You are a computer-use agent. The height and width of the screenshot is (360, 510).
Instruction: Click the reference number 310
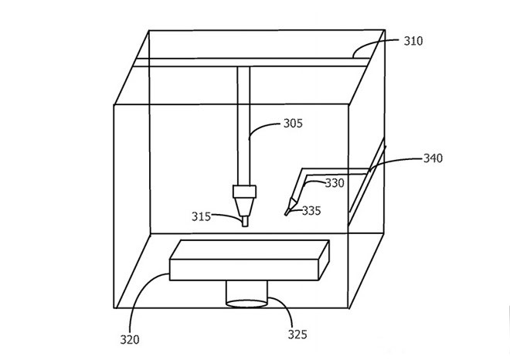click(x=413, y=41)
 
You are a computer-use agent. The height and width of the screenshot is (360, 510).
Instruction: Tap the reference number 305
click(x=293, y=124)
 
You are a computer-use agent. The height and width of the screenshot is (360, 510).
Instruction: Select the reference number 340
click(x=433, y=158)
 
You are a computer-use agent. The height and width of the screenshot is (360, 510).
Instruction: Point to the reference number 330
click(x=335, y=183)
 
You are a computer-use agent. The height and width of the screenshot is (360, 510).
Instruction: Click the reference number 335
click(x=311, y=211)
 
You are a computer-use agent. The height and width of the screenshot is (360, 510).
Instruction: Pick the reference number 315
click(x=201, y=216)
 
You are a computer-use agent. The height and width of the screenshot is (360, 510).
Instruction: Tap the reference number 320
click(x=130, y=340)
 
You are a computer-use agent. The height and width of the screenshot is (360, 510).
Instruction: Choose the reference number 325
click(x=297, y=335)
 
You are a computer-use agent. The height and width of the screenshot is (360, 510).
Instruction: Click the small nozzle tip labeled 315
click(x=245, y=222)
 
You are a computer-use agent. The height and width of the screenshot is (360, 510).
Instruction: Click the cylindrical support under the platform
click(x=246, y=294)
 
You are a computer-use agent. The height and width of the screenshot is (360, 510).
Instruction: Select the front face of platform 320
click(x=244, y=270)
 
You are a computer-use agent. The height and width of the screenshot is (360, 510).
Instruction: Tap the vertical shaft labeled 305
click(x=243, y=126)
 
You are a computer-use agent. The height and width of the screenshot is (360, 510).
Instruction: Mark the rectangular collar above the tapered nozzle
click(x=245, y=192)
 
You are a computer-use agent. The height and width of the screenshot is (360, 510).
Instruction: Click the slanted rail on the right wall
click(x=367, y=182)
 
